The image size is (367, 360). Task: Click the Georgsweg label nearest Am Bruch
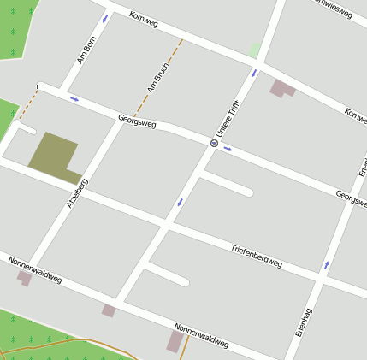[x=137, y=122]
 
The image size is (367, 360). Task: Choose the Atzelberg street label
[x=77, y=193]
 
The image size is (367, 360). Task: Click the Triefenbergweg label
[x=256, y=255]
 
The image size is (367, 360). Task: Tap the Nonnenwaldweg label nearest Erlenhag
[x=201, y=335]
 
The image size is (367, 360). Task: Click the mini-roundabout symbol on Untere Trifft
[x=213, y=143]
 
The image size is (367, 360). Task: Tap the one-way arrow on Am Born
[x=105, y=19]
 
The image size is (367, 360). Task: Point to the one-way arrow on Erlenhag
[x=326, y=265]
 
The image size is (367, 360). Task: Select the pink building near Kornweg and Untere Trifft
[x=281, y=88]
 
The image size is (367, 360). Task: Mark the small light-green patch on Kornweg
[x=253, y=50]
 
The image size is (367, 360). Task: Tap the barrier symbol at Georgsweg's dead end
[x=39, y=86]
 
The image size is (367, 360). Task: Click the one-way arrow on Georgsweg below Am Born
[x=74, y=98]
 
